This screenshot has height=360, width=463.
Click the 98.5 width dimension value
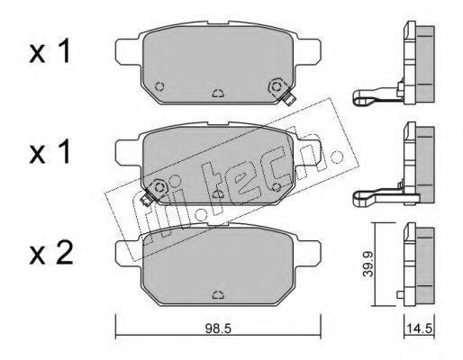click(218, 328)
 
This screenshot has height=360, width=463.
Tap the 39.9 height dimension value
click(368, 265)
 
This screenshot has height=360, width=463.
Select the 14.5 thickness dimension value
click(419, 328)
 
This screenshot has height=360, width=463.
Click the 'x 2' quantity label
click(51, 254)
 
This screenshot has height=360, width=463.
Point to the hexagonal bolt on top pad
click(276, 87)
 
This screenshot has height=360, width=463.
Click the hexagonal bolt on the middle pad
click(159, 187)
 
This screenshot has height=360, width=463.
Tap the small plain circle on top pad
click(159, 86)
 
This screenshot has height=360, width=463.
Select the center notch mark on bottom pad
click(218, 295)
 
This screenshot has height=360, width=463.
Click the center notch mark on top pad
click(218, 94)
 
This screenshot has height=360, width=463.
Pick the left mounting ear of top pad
click(128, 51)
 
